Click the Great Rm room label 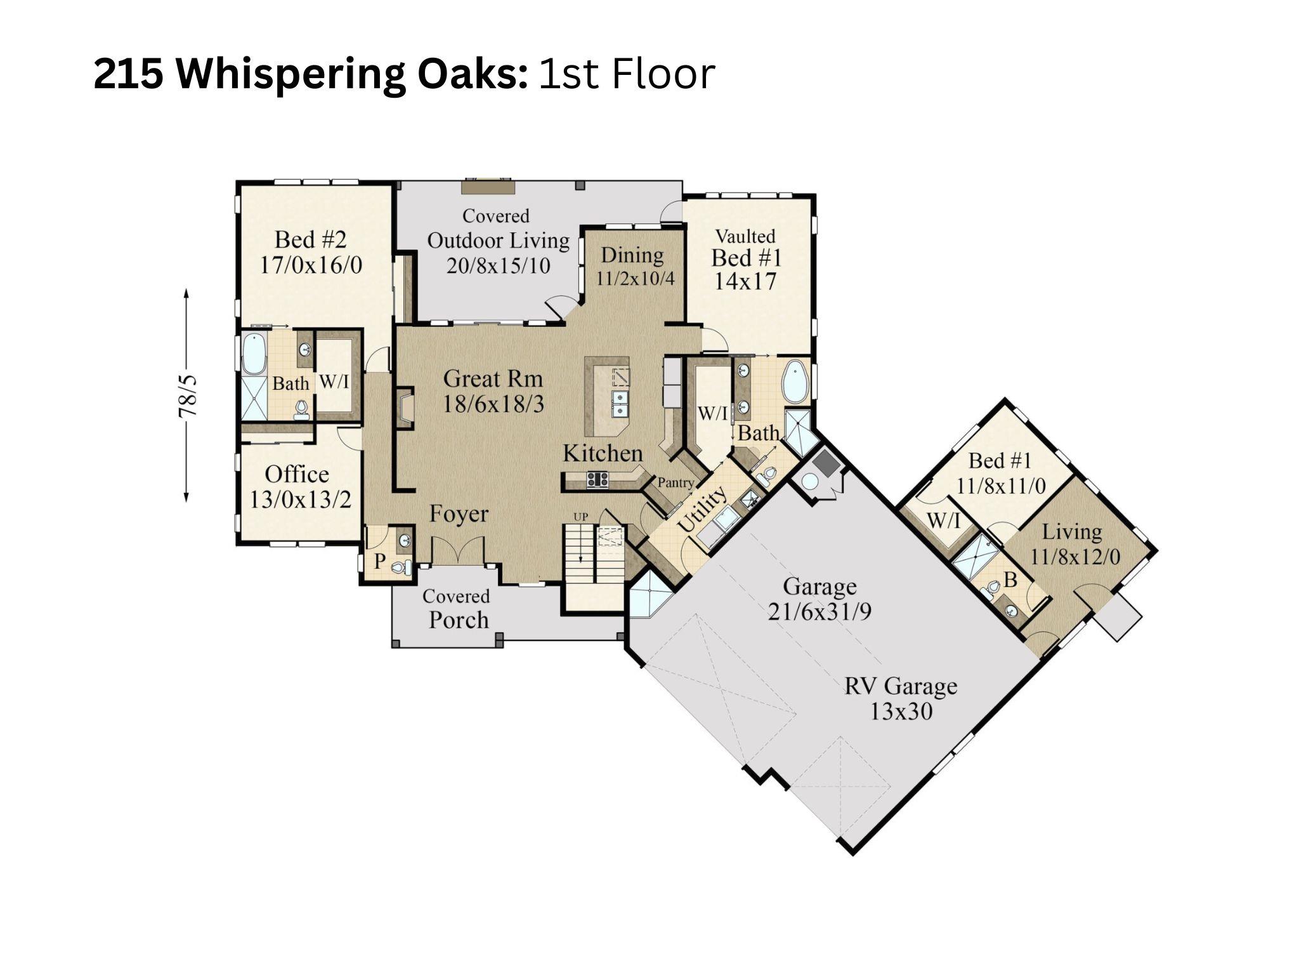pos(493,379)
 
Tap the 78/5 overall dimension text pos(188,396)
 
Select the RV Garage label pos(900,686)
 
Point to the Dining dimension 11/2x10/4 pos(635,278)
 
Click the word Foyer pos(459,514)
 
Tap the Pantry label pos(675,482)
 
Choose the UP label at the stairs pos(580,517)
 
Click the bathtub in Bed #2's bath pos(254,353)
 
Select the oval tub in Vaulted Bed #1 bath pos(794,381)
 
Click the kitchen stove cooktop pos(597,479)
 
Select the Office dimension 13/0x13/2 pos(299,500)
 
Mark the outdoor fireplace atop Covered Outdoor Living pos(488,187)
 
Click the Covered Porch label pos(457,609)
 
